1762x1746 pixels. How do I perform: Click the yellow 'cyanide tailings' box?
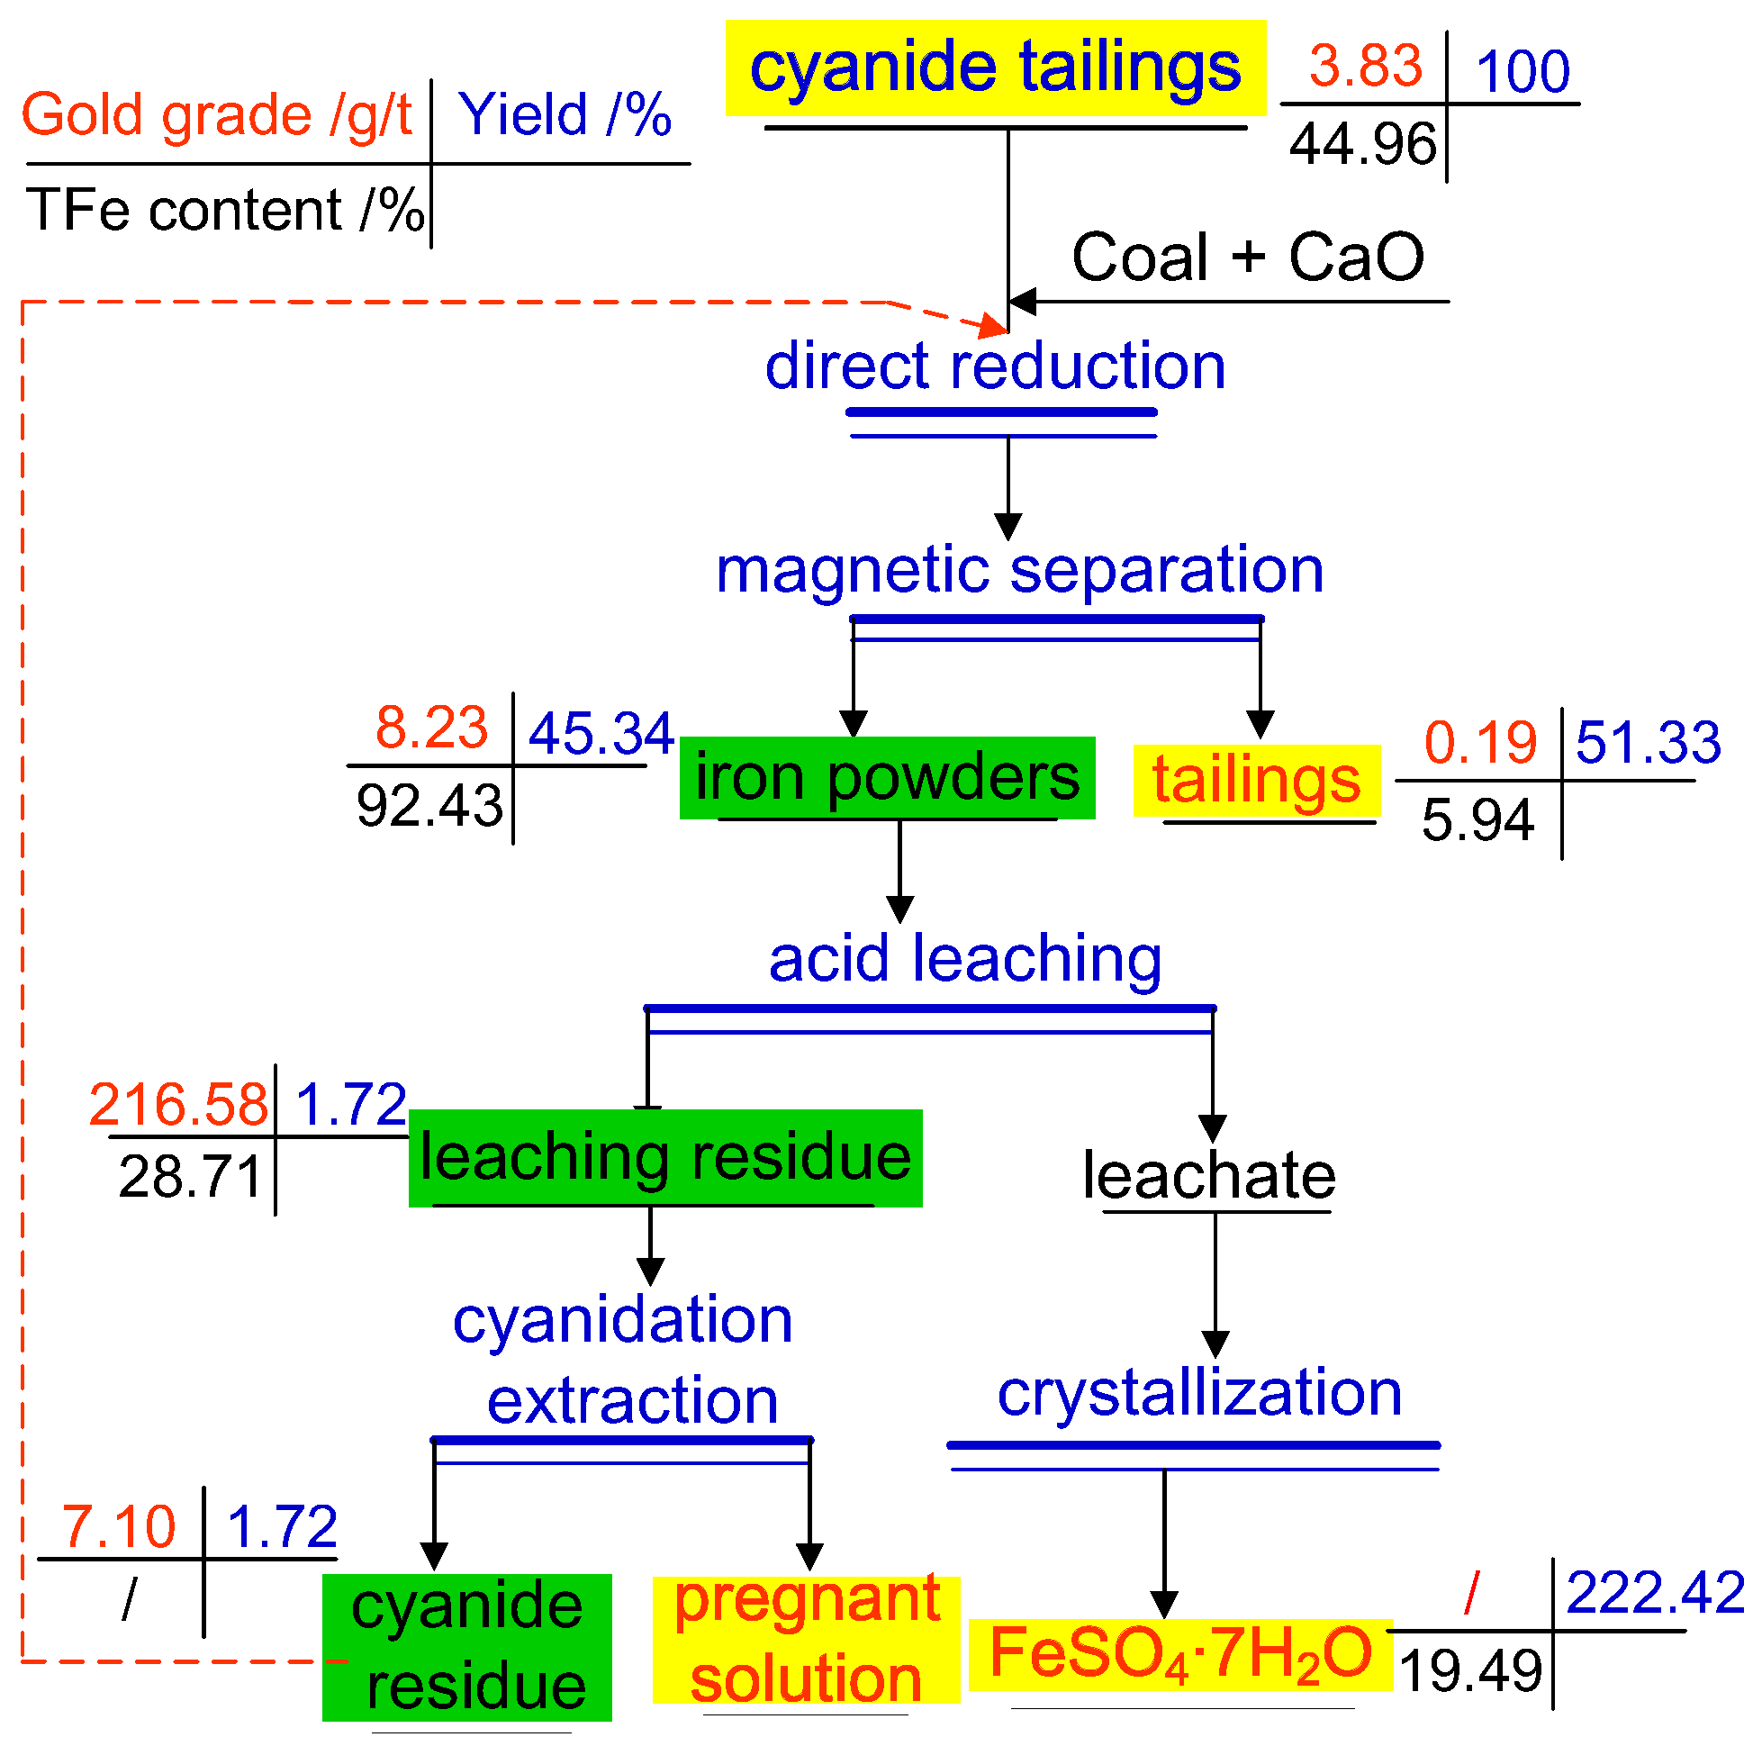tap(995, 68)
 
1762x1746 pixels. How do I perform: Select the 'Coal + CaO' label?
tap(1247, 258)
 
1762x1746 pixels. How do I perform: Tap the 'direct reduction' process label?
tap(995, 366)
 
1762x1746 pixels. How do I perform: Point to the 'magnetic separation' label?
tap(1018, 570)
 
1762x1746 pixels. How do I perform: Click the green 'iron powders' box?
tap(887, 777)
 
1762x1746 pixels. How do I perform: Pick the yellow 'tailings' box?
tap(1256, 781)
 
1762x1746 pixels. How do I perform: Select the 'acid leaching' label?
tap(965, 959)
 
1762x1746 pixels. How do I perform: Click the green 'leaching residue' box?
tap(664, 1158)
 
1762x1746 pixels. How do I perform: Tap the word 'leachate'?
tap(1208, 1175)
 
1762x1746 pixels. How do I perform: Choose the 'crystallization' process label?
tap(1198, 1393)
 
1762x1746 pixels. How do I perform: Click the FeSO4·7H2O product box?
tap(1180, 1654)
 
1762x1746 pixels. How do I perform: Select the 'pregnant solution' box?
tap(806, 1639)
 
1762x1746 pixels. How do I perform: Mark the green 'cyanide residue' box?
tap(467, 1647)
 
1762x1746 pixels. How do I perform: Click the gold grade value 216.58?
tap(179, 1105)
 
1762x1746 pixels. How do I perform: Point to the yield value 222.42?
tap(1654, 1593)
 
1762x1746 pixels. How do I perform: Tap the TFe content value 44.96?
tap(1361, 144)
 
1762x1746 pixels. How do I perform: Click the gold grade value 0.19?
tap(1479, 742)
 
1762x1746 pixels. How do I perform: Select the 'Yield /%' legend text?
tap(565, 115)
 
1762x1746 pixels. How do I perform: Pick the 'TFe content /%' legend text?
tap(224, 210)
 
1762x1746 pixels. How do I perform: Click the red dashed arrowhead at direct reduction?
tap(993, 326)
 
